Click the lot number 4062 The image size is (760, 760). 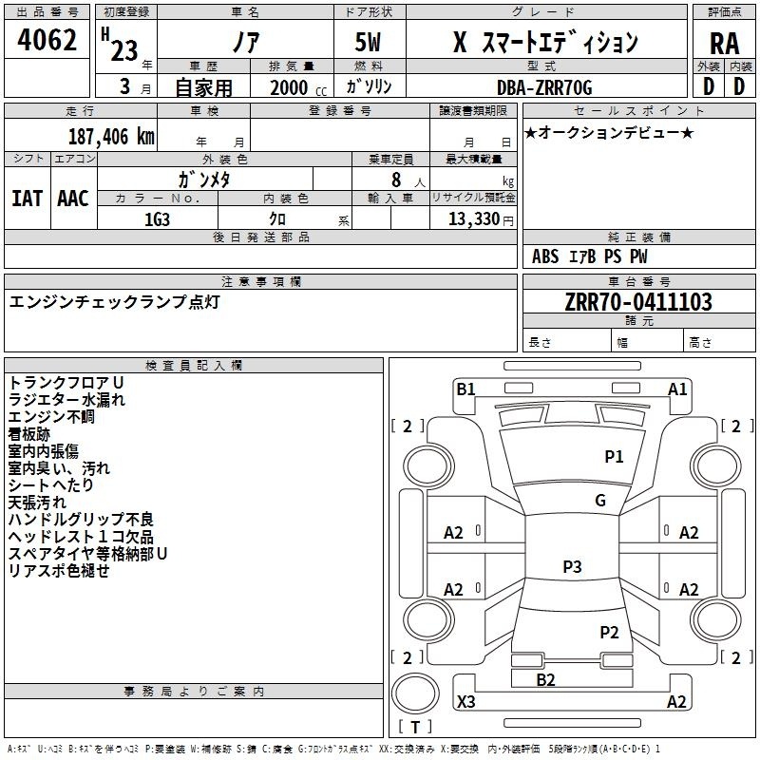[47, 40]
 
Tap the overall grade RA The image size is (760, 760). [725, 44]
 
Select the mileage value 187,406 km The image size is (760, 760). [111, 137]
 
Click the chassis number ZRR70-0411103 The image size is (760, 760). [638, 302]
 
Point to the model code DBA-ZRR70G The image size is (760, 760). [544, 87]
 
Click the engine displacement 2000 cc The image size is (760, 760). [298, 87]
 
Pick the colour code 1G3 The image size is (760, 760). [157, 219]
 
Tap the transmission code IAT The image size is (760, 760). [28, 199]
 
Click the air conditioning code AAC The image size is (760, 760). [73, 199]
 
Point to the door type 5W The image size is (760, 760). [368, 42]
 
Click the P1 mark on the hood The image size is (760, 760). [614, 456]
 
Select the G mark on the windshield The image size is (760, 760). [600, 500]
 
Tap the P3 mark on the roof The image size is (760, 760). [572, 566]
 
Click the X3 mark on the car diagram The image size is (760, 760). [465, 701]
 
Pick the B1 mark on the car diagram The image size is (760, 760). [465, 389]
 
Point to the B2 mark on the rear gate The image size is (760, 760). [545, 680]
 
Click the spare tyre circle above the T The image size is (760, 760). [415, 693]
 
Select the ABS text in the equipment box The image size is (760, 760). [545, 256]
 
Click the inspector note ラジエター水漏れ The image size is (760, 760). [66, 400]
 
